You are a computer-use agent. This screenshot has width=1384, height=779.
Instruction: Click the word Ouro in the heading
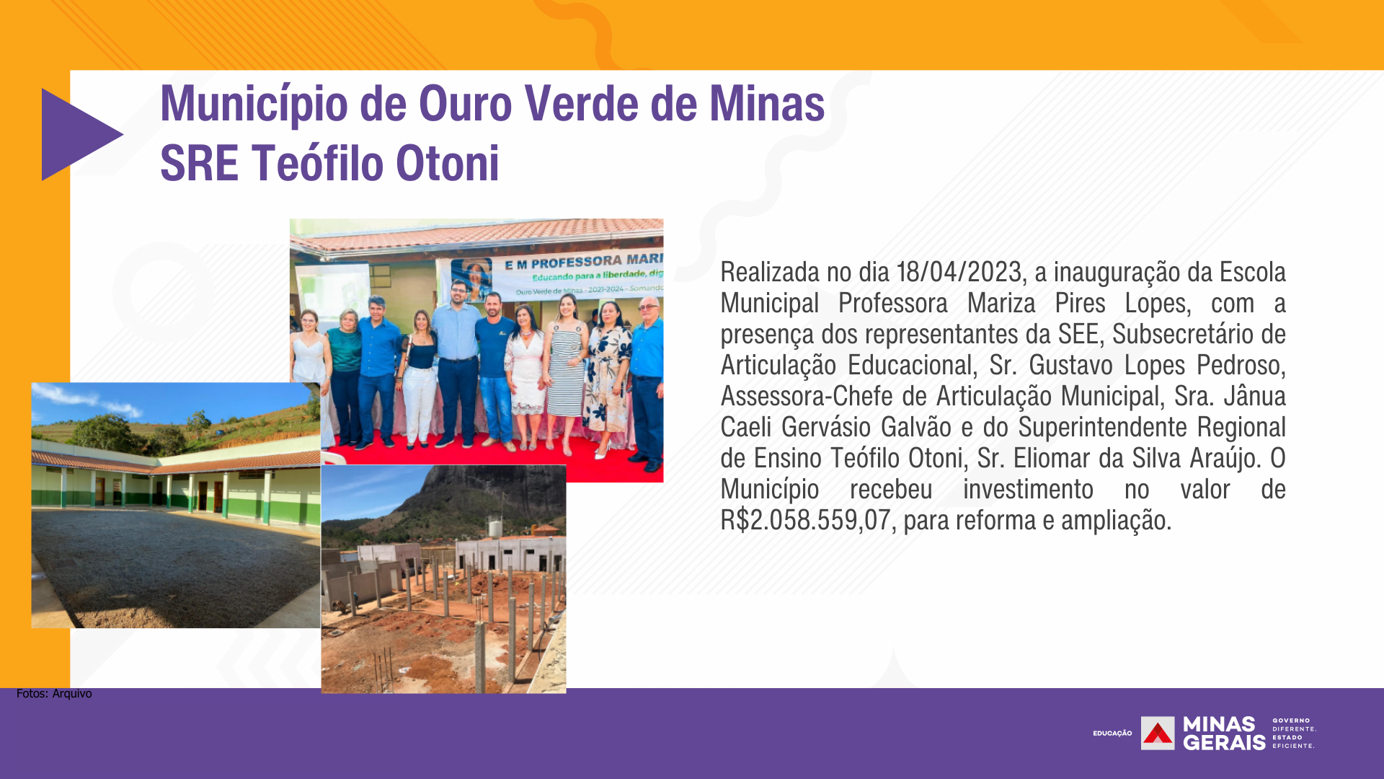click(x=466, y=104)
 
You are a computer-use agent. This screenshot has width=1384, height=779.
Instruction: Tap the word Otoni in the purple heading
click(x=447, y=163)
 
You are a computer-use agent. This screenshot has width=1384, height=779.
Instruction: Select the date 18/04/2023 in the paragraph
click(x=959, y=273)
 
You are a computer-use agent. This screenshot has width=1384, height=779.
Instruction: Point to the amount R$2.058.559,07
click(x=806, y=521)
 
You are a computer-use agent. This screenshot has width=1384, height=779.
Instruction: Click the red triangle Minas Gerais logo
click(x=1158, y=733)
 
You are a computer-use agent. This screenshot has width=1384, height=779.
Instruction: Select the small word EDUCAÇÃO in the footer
click(x=1112, y=734)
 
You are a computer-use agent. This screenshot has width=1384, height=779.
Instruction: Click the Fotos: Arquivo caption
click(x=54, y=694)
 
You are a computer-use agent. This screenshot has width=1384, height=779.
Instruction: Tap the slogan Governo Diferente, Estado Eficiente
click(x=1294, y=733)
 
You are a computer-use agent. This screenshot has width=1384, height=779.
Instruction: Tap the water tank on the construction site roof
click(x=495, y=527)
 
